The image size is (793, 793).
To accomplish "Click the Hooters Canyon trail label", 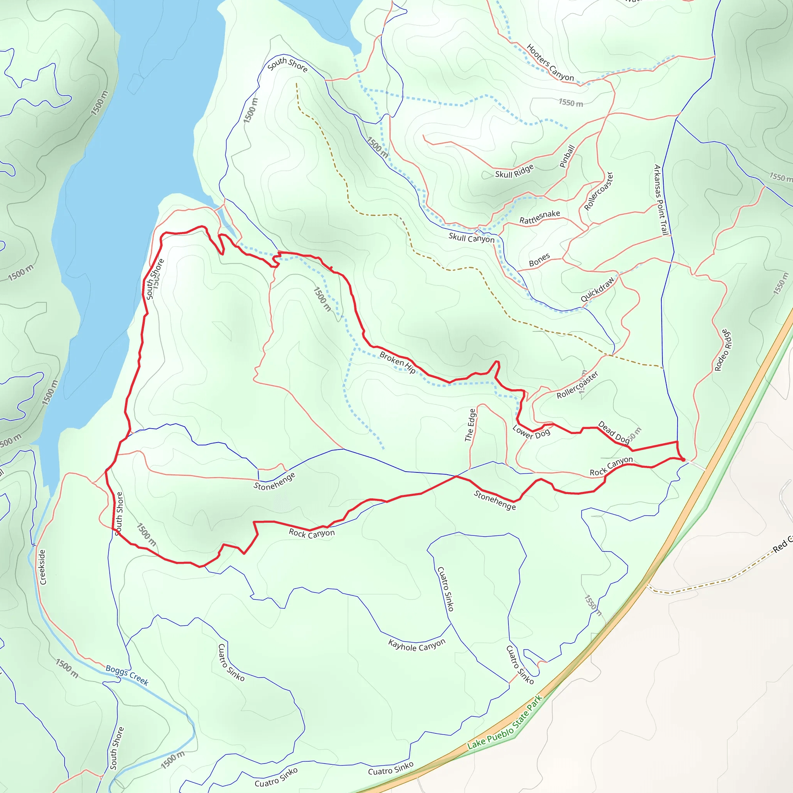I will pos(550,62).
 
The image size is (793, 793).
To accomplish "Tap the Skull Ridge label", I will pos(514,171).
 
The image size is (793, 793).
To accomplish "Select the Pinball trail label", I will pos(567,156).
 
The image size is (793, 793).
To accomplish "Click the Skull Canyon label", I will pos(471,238).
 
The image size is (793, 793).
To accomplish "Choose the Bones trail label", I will pos(539,260).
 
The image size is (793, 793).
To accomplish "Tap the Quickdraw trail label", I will pos(597,289).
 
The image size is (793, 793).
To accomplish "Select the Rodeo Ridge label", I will pos(723,350).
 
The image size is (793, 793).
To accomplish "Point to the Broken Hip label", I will pos(397,362).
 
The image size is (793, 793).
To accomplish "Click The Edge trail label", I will pos(470,425).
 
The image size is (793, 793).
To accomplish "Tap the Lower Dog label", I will pos(531,432).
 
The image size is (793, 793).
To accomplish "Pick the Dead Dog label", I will pos(613,432).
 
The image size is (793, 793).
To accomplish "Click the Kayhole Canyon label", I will pos(417,645).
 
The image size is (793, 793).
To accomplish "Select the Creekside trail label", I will pos(42,567).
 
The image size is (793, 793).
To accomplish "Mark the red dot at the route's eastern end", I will pos(683,460).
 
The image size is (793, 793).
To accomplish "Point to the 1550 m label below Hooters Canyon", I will pos(570,103).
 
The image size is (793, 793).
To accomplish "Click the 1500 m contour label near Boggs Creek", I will pos(67,668).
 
